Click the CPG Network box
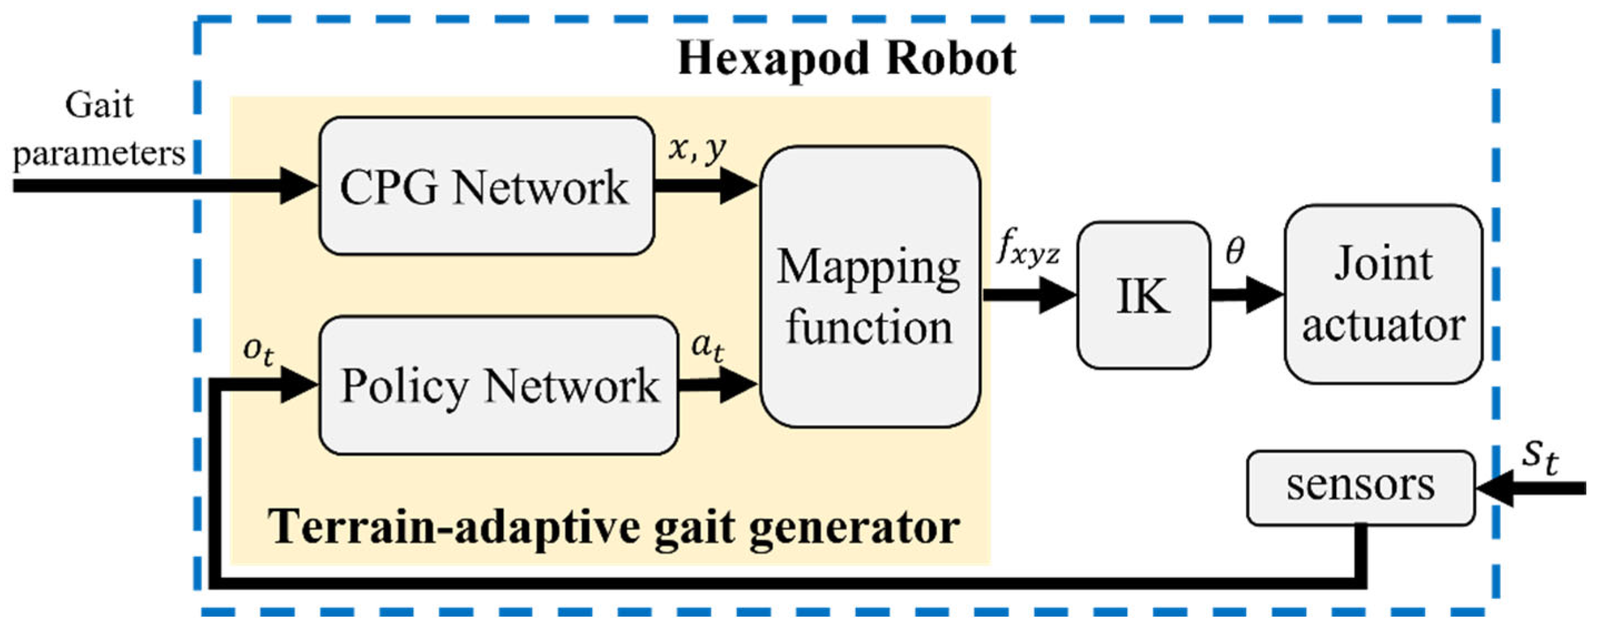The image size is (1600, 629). click(x=486, y=186)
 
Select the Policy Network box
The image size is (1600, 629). click(x=498, y=386)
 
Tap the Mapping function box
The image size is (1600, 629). click(x=870, y=287)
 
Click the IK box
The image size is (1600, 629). click(x=1143, y=295)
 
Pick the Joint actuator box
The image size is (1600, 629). click(x=1383, y=294)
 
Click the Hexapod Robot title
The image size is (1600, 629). click(x=846, y=59)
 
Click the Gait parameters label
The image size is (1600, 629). click(x=99, y=129)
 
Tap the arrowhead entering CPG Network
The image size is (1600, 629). click(x=298, y=185)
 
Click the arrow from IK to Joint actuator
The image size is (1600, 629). click(x=1245, y=294)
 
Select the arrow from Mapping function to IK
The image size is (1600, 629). click(x=1028, y=294)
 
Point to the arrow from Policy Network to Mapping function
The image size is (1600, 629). click(x=717, y=385)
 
